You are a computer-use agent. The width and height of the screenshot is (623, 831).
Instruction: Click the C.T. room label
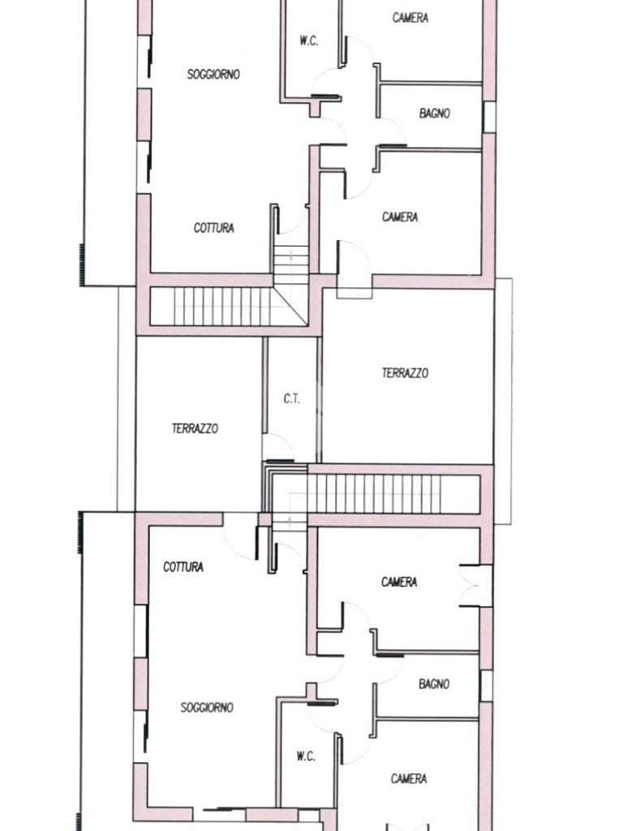[x=291, y=398]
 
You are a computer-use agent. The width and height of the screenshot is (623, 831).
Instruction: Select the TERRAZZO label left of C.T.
[x=195, y=428]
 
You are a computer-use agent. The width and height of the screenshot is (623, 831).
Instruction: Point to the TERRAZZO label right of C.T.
[x=406, y=372]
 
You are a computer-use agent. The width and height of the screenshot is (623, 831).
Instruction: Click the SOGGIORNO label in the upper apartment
[x=213, y=74]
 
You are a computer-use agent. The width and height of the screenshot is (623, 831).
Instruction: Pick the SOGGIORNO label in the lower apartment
[x=207, y=708]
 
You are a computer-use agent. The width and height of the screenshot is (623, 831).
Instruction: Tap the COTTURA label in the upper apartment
[x=214, y=228]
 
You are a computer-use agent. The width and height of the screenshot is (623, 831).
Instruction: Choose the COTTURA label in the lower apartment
[x=183, y=567]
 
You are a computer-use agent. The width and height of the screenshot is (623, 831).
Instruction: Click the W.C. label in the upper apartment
[x=309, y=41]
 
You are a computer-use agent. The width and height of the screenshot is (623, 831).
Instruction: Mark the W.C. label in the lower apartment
[x=306, y=756]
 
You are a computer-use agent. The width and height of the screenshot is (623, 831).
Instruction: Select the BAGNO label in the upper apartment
[x=435, y=113]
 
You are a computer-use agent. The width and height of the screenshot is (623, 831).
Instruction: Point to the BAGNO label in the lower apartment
[x=434, y=684]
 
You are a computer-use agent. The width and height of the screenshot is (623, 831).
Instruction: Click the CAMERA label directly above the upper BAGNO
[x=410, y=18]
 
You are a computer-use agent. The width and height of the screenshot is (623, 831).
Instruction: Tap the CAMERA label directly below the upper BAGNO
[x=400, y=217]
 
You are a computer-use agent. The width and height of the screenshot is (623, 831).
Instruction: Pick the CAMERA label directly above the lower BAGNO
[x=399, y=582]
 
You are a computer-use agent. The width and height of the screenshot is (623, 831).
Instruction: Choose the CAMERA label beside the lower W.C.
[x=409, y=778]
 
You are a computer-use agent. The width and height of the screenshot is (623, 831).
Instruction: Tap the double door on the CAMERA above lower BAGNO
[x=475, y=586]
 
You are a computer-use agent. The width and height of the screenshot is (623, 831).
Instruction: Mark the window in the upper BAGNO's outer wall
[x=489, y=117]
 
